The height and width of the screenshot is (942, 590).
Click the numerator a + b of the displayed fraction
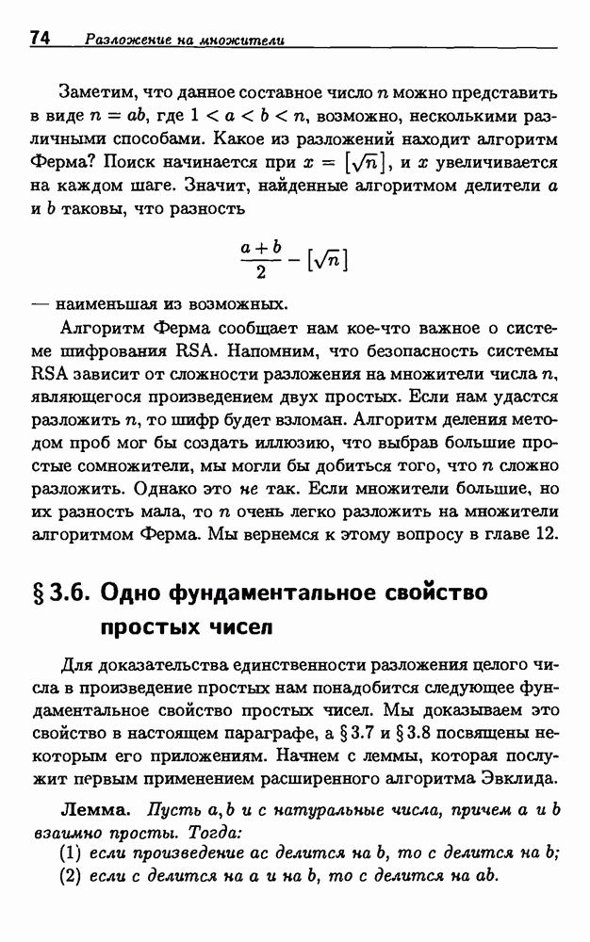click(x=261, y=246)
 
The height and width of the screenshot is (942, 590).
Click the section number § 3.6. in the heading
click(x=59, y=593)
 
